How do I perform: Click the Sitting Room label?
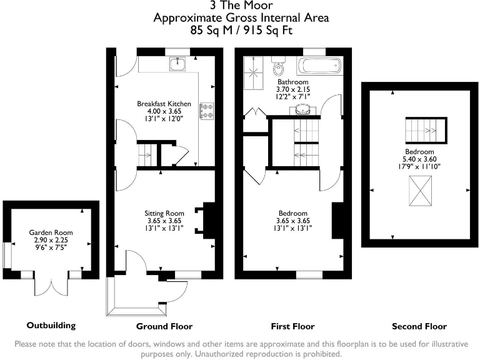165,213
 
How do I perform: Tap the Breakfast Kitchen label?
160,103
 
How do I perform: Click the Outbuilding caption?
51,326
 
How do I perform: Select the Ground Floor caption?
164,326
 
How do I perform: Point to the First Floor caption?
292,326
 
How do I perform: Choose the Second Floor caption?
419,326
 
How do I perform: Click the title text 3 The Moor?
241,7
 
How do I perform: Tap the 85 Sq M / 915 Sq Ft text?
241,29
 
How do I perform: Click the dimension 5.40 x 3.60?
419,159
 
